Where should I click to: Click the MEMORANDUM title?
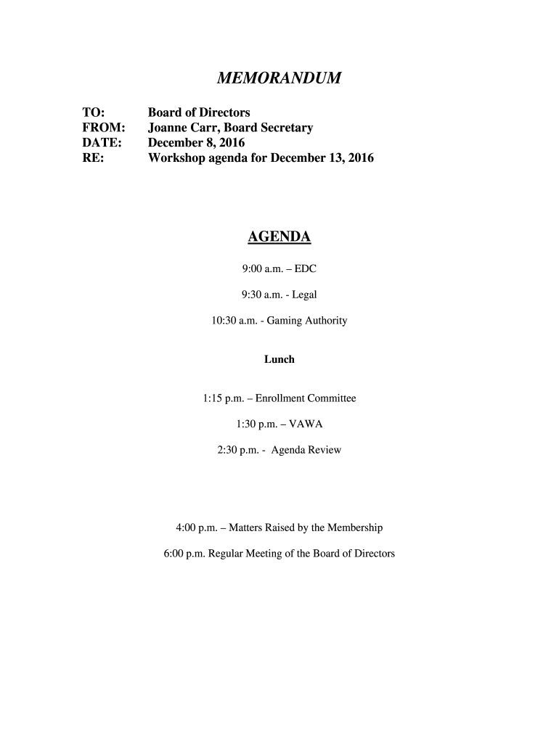[279, 78]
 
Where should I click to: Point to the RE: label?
[92, 157]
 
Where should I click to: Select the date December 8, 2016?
[197, 142]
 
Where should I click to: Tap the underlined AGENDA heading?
[279, 237]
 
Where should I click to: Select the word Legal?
[304, 295]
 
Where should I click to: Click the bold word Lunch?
[279, 359]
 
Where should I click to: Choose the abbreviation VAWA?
[306, 424]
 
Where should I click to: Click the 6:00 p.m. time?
[184, 553]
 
